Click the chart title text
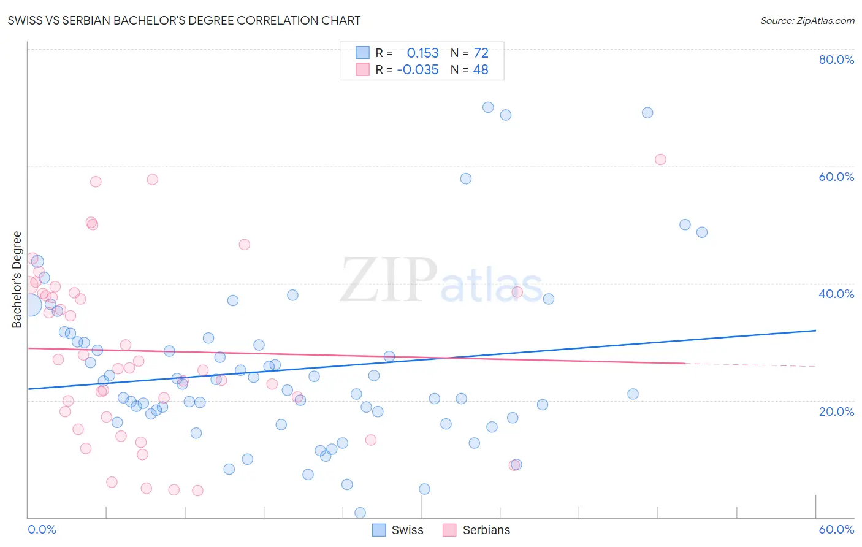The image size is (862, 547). [x=184, y=20]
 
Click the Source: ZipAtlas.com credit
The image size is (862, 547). [x=807, y=20]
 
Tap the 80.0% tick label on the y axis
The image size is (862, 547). [x=836, y=59]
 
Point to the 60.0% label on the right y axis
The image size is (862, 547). [x=836, y=177]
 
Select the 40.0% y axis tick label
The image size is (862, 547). [x=836, y=294]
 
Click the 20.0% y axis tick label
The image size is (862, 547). [x=836, y=411]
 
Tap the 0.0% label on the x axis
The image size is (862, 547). [x=42, y=529]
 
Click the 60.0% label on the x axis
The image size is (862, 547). [x=836, y=529]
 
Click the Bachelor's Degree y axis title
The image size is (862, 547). [x=17, y=280]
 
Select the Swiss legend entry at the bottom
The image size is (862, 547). [x=399, y=530]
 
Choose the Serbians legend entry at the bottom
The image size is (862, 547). [x=477, y=530]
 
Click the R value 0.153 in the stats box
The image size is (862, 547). [x=422, y=53]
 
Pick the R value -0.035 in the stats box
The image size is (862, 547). [x=418, y=70]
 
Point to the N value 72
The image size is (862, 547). [x=481, y=53]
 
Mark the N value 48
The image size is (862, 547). [x=481, y=70]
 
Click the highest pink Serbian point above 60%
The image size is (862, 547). [x=660, y=159]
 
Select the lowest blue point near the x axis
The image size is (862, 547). [x=360, y=513]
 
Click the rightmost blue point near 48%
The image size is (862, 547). [x=702, y=232]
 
